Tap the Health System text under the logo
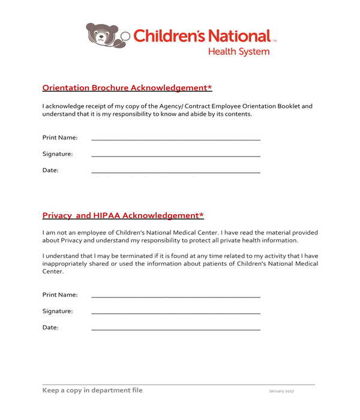point(239,52)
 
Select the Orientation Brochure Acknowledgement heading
point(127,88)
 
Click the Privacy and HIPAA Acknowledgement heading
point(123,215)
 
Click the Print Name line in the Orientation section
point(175,139)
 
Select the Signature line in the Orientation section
point(175,155)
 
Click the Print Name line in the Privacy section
point(175,296)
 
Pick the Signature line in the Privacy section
point(175,313)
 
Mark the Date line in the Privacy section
point(175,329)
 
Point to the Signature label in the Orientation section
point(58,154)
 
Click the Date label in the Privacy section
point(50,328)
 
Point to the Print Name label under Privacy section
point(60,295)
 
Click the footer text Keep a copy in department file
point(92,390)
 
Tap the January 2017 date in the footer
point(281,391)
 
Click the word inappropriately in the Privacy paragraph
point(67,263)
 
